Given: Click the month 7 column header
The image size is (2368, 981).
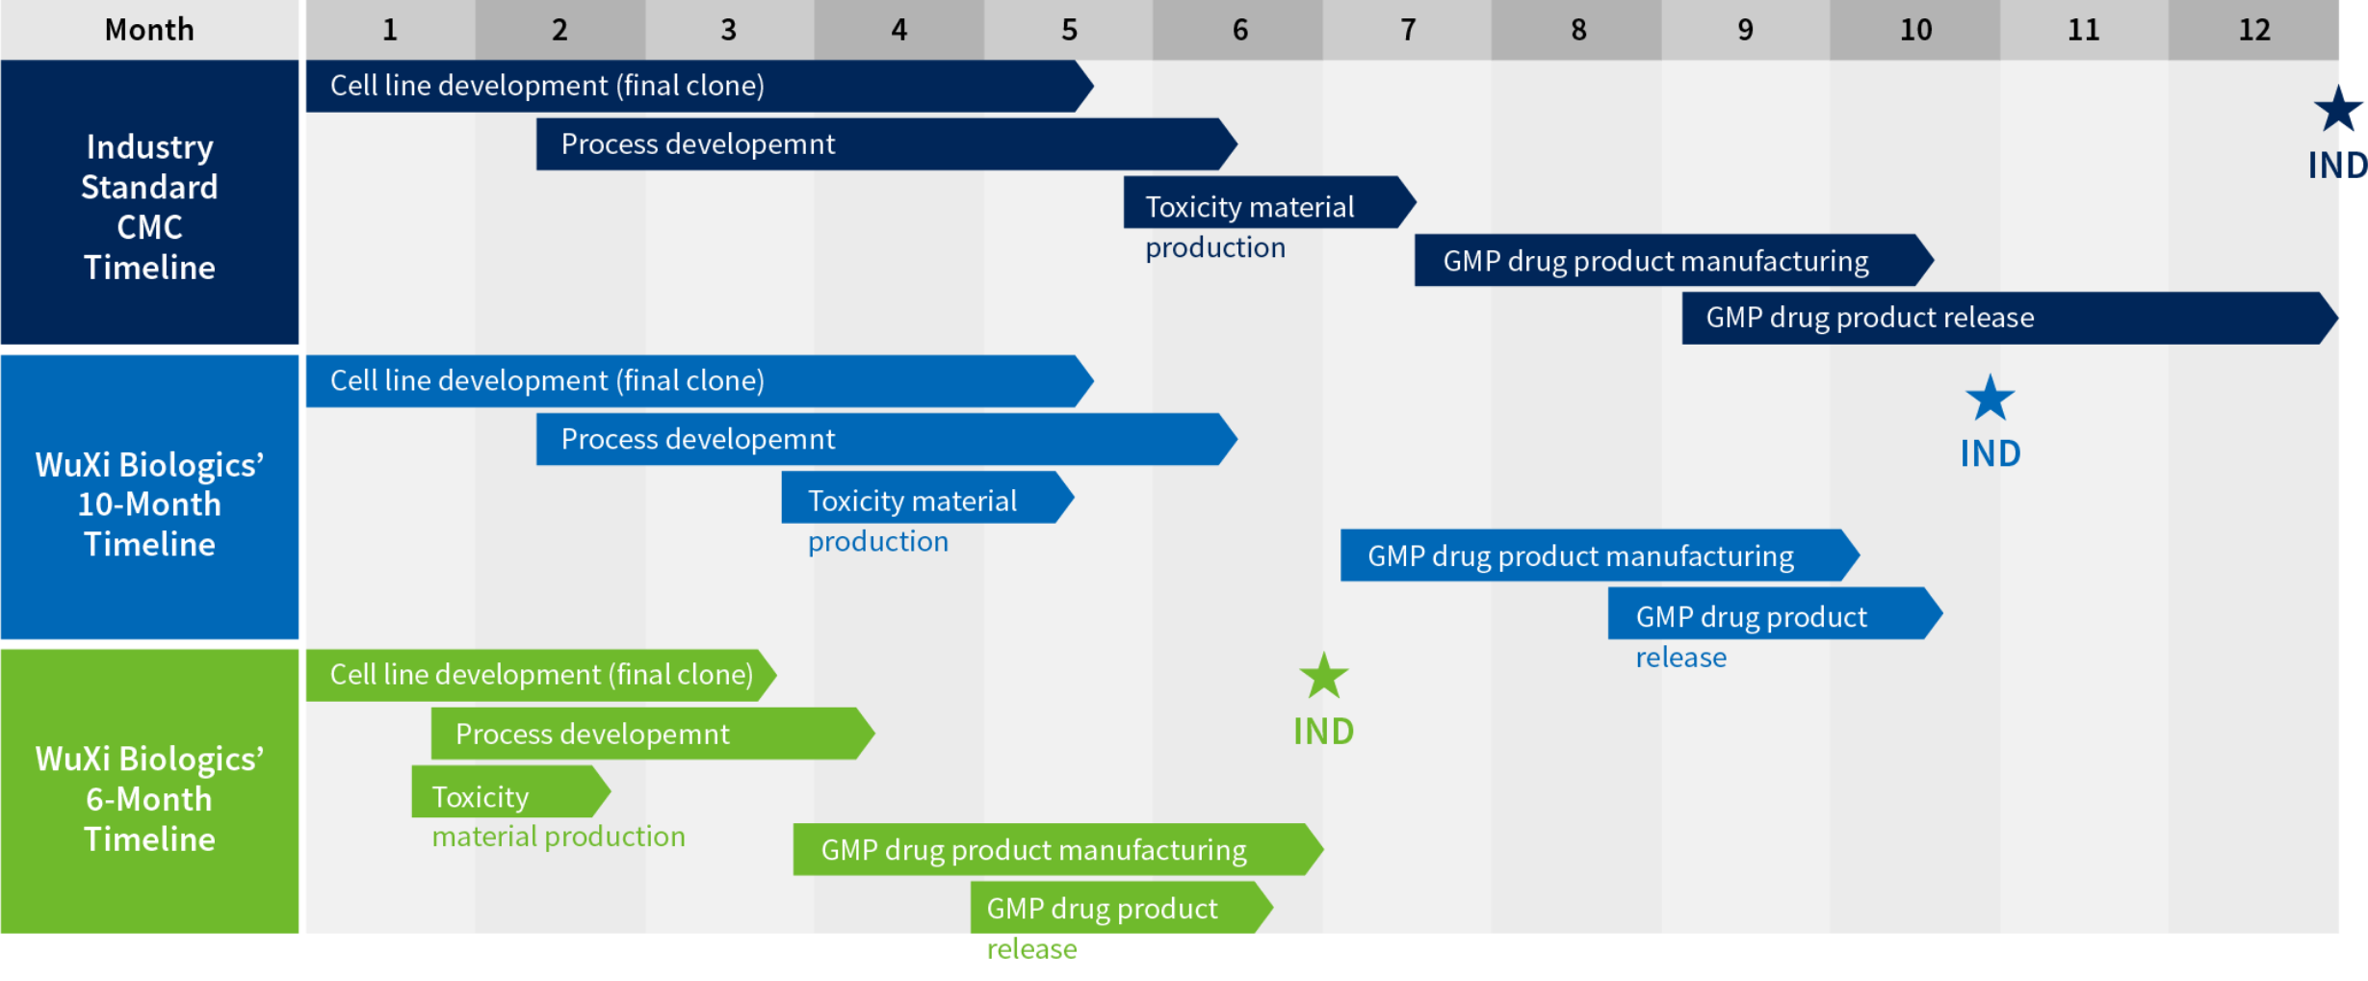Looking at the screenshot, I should coord(1408,30).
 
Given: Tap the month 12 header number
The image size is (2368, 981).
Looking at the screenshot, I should coord(2253,30).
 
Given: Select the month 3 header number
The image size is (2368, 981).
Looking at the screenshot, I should coord(729,30).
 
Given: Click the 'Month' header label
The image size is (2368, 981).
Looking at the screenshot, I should coord(149,30).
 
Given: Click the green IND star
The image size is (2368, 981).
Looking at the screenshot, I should coord(1324,677).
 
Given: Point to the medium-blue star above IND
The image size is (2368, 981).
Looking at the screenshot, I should coord(1990,399).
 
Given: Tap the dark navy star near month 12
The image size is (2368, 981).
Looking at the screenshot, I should coord(2338,110).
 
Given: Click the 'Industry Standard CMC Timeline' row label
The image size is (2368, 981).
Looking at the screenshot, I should coord(149,206).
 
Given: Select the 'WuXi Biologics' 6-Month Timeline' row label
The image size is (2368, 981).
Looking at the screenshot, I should coord(149,798).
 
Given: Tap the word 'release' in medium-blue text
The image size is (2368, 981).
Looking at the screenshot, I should coord(1680,658).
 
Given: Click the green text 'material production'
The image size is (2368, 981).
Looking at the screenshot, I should coord(559,837).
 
